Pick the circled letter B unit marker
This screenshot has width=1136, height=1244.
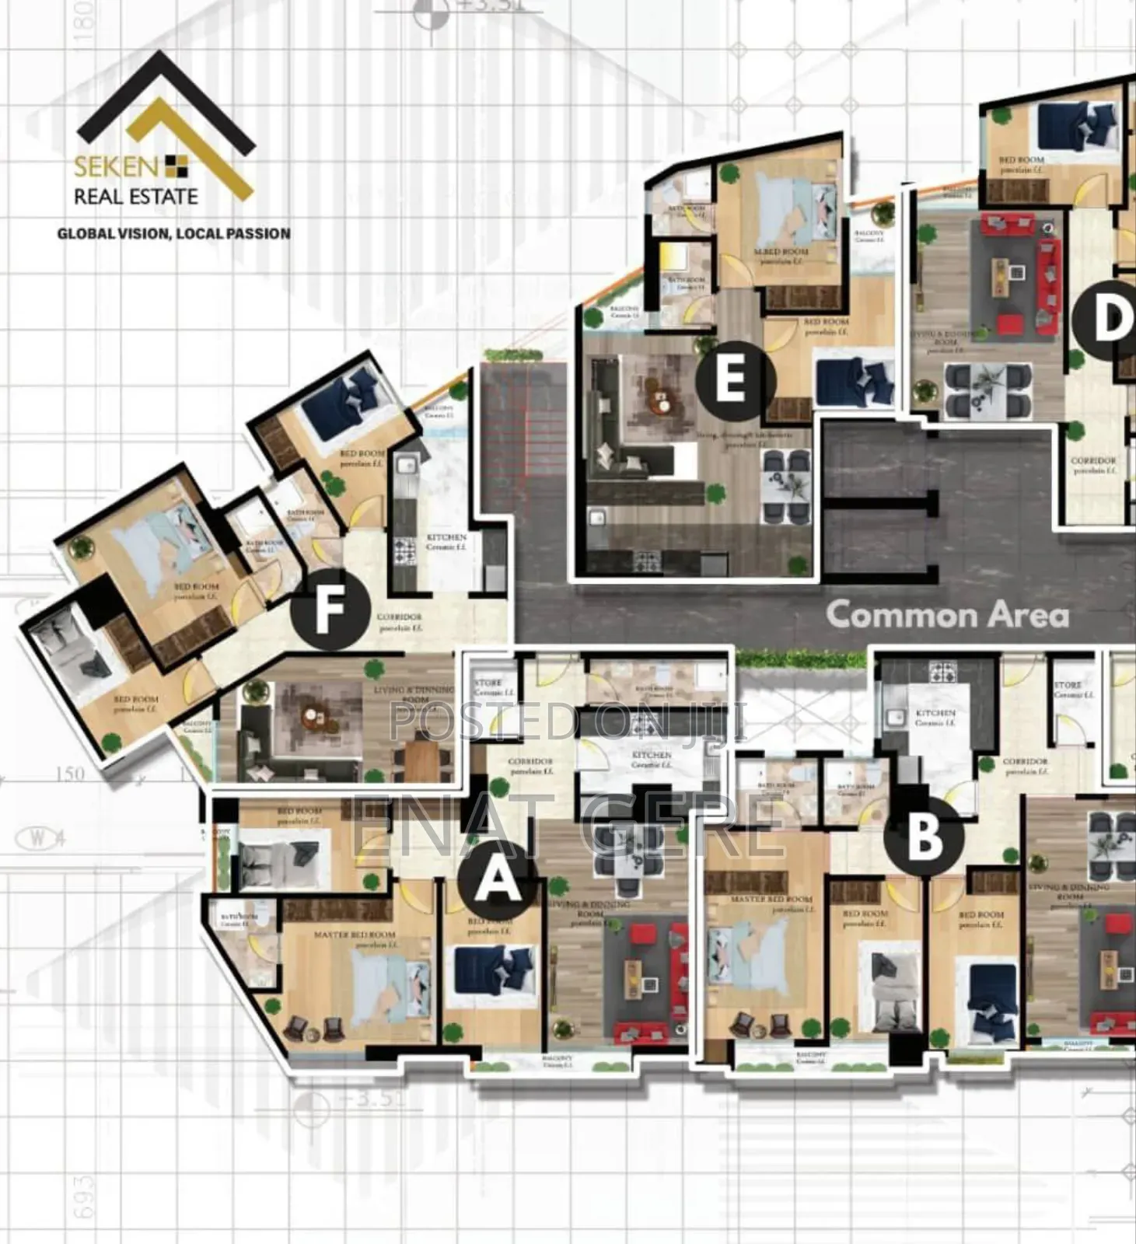925,837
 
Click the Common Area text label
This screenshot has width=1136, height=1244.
946,615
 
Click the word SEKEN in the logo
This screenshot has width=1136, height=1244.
117,166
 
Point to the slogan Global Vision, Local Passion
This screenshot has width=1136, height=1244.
173,233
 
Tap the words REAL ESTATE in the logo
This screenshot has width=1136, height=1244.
136,197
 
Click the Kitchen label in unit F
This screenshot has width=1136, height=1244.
446,541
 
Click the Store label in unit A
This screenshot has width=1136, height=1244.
489,687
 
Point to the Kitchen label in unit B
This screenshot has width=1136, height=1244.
935,716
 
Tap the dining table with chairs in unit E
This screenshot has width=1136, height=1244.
786,487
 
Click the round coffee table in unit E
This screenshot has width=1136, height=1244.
660,399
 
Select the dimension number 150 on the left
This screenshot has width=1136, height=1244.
70,774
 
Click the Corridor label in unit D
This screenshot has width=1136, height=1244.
1092,464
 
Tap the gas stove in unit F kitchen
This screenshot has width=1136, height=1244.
404,547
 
